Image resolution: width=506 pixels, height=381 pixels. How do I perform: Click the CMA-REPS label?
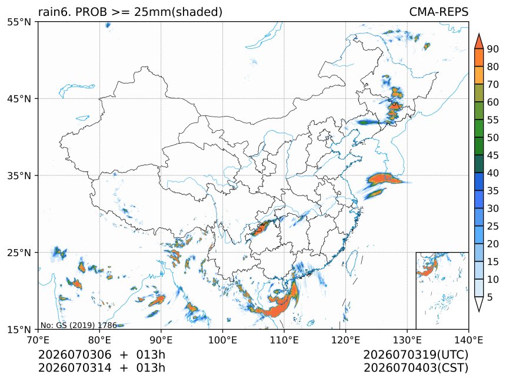tap(438, 12)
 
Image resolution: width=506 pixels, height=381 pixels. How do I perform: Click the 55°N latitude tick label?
tap(19, 22)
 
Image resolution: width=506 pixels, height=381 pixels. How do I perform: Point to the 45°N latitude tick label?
tap(19, 98)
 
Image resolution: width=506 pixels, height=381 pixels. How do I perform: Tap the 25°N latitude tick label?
tap(19, 252)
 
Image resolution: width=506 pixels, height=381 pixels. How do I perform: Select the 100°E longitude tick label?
tap(222, 340)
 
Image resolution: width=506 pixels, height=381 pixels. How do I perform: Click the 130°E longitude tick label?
tap(407, 340)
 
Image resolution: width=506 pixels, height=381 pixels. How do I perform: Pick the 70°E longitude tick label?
tap(38, 340)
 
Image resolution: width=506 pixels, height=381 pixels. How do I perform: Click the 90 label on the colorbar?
tap(493, 49)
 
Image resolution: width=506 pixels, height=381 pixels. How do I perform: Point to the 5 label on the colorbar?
tap(490, 297)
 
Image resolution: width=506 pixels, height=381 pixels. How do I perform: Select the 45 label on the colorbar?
tap(493, 155)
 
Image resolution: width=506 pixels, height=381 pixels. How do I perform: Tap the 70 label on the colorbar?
tap(493, 84)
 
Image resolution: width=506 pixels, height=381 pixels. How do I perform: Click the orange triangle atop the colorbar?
tap(479, 41)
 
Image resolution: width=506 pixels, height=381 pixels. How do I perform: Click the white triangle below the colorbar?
tap(479, 303)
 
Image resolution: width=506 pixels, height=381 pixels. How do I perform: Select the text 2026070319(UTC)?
tap(415, 355)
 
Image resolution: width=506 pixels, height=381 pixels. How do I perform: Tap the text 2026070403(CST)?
tap(416, 368)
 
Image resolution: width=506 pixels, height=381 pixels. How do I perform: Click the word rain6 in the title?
tap(54, 12)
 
